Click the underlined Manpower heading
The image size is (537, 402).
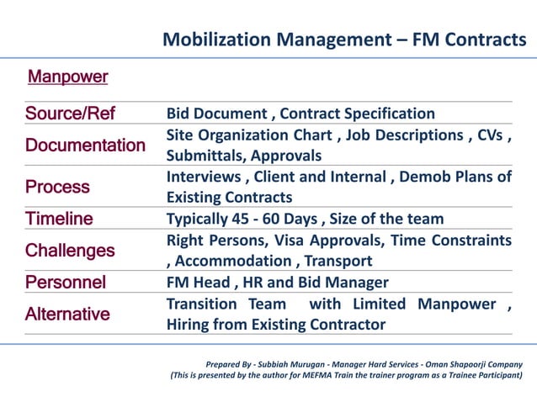coord(68,77)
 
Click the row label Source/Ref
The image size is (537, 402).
coord(70,114)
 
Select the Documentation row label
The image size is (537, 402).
coord(85,145)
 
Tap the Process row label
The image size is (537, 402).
coord(57,187)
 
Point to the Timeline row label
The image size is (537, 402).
coord(59,219)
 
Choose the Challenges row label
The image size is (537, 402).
coord(70,251)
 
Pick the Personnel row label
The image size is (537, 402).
coord(66,283)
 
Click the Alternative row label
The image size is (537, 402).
coord(67,315)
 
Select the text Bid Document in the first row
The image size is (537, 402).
coord(217,114)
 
